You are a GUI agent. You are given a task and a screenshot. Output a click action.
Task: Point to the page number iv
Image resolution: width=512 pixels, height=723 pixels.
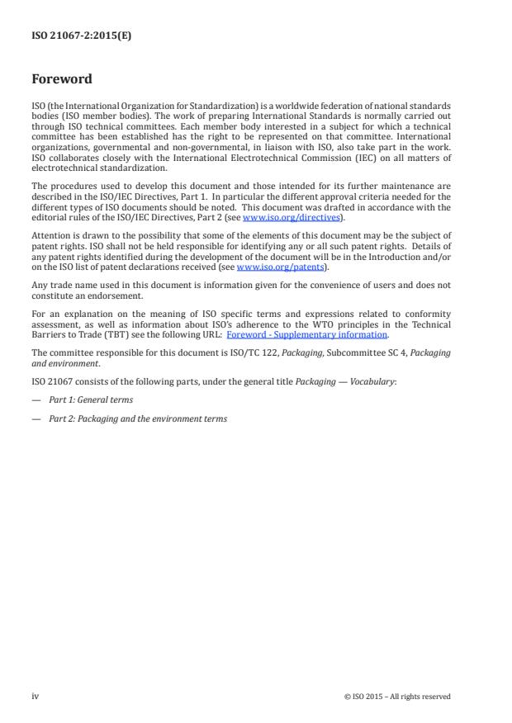35,696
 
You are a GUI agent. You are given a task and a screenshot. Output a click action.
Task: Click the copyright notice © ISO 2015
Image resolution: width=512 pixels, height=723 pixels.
397,697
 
